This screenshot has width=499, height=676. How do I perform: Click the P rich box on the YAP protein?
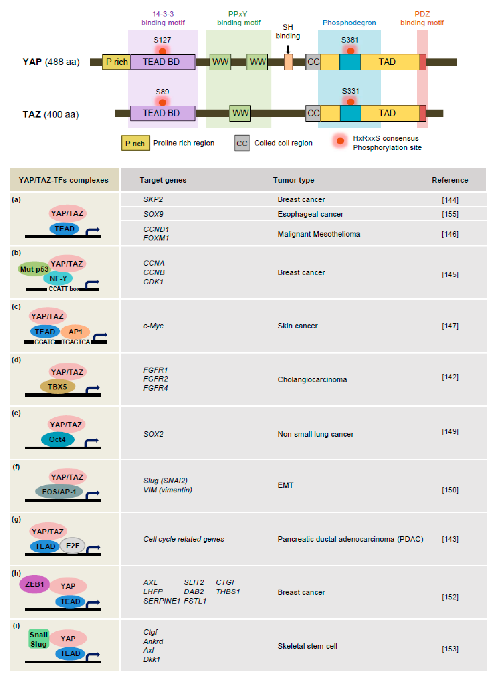point(116,62)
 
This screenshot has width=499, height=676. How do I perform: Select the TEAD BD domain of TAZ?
point(163,113)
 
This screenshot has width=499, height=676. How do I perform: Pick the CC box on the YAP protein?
point(313,62)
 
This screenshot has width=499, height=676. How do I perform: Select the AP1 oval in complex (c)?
point(76,332)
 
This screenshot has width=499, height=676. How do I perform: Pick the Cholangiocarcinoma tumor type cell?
point(312,380)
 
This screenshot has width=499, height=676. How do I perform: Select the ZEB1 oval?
point(34,584)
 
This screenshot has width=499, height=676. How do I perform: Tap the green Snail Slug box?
point(38,639)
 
